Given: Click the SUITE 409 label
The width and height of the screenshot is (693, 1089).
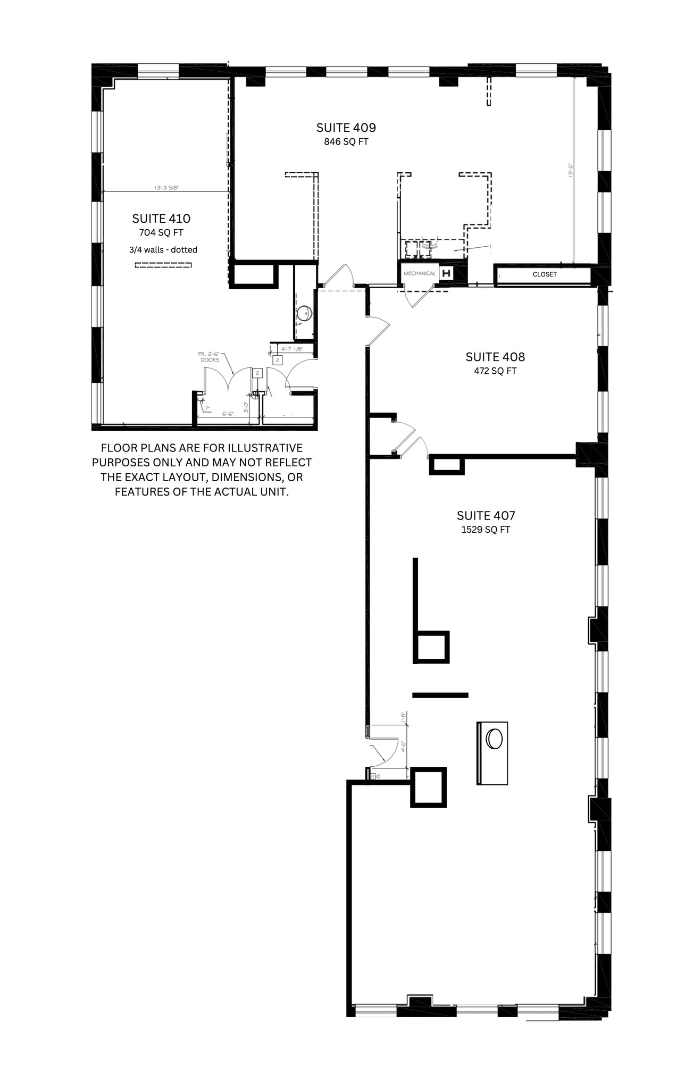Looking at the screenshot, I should pyautogui.click(x=346, y=128).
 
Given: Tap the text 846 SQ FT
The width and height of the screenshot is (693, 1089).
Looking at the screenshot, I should pyautogui.click(x=346, y=142).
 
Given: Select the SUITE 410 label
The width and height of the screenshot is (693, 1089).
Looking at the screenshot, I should pyautogui.click(x=161, y=219).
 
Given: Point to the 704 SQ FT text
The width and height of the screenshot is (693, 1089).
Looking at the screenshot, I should pyautogui.click(x=161, y=233).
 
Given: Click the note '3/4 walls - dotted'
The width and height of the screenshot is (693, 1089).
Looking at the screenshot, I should pyautogui.click(x=163, y=250).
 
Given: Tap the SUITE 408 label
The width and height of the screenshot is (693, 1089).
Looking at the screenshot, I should pyautogui.click(x=495, y=357).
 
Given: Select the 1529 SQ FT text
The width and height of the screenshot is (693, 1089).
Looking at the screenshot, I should pyautogui.click(x=486, y=530).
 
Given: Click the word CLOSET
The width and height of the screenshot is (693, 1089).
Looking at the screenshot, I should pyautogui.click(x=545, y=274).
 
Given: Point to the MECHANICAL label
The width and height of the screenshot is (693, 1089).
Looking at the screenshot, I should pyautogui.click(x=420, y=273).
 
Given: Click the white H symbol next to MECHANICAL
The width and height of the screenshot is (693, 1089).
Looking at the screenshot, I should pyautogui.click(x=446, y=274).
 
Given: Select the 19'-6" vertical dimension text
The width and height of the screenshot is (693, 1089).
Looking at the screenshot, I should pyautogui.click(x=569, y=170).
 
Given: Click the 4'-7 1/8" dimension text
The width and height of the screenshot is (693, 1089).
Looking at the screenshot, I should pyautogui.click(x=292, y=349).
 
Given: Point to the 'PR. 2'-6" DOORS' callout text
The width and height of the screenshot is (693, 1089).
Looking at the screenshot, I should pyautogui.click(x=210, y=357).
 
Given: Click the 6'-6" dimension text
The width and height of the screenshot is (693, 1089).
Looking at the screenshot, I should pyautogui.click(x=227, y=414).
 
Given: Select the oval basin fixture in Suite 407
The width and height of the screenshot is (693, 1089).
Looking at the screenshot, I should pyautogui.click(x=495, y=739).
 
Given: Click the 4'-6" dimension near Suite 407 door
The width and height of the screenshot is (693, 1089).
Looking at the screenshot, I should pyautogui.click(x=404, y=747).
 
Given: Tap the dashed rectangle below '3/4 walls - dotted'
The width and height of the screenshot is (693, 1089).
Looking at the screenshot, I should pyautogui.click(x=162, y=265).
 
